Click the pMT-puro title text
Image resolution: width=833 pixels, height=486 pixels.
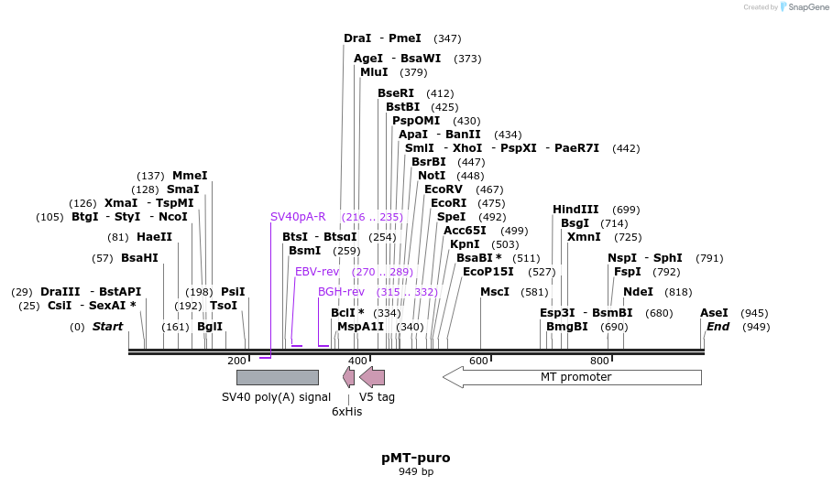415,457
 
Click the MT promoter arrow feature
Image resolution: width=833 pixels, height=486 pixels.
573,377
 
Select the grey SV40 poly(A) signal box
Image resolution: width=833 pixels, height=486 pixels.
277,377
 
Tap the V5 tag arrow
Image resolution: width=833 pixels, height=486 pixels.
373,377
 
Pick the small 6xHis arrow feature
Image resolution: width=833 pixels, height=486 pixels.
348,377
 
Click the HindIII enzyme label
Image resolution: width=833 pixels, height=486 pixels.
575,210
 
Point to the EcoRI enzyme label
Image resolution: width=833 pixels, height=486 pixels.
448,203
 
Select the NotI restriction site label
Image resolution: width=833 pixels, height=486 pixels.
432,176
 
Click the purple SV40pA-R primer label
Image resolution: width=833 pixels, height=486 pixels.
298,217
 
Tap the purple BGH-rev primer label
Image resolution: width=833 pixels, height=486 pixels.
341,292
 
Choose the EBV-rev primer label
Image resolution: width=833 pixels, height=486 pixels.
317,272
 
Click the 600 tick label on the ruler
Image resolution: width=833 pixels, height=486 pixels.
478,361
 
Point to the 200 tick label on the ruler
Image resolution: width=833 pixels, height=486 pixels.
236,361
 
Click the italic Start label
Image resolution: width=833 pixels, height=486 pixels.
107,327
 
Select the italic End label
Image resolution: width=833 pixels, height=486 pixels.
718,327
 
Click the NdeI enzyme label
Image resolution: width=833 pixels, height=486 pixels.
638,292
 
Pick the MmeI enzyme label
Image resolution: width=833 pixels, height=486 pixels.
190,176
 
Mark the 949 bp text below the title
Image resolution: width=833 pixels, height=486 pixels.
415,472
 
